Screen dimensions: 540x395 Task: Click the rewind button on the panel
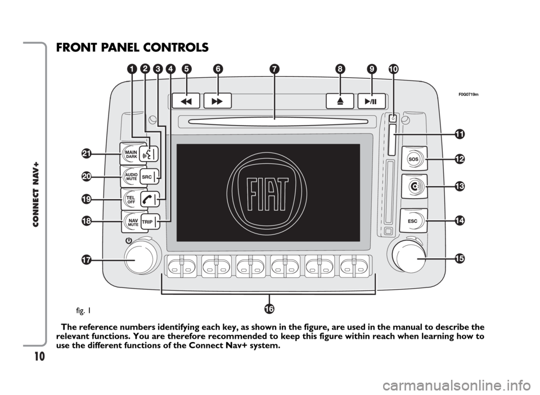pyautogui.click(x=186, y=101)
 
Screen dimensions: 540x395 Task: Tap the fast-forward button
pyautogui.click(x=217, y=101)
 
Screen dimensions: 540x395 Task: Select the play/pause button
pyautogui.click(x=371, y=101)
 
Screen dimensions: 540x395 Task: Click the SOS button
pyautogui.click(x=414, y=159)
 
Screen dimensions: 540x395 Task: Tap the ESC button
pyautogui.click(x=413, y=221)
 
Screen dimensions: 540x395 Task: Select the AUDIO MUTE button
pyautogui.click(x=130, y=177)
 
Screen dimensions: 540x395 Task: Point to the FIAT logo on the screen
pyautogui.click(x=267, y=193)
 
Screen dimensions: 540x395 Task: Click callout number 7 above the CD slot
pyautogui.click(x=274, y=69)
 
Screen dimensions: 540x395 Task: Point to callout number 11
pyautogui.click(x=460, y=134)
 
